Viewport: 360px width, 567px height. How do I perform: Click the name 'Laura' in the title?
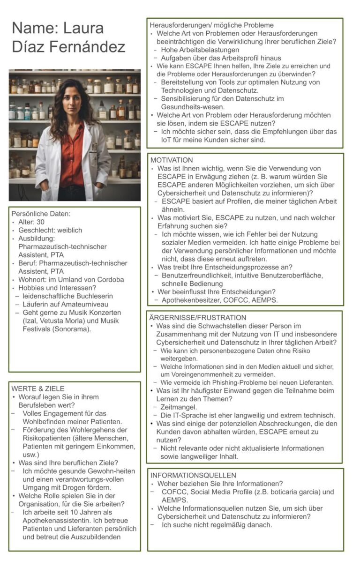(x=84, y=28)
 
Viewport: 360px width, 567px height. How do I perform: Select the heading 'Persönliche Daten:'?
(x=41, y=214)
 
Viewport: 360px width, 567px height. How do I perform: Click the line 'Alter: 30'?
(x=32, y=222)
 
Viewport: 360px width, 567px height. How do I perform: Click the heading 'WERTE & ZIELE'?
(x=38, y=388)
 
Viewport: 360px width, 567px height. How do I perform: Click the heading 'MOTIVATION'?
(x=172, y=160)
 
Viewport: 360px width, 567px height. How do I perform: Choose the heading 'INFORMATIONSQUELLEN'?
(x=193, y=475)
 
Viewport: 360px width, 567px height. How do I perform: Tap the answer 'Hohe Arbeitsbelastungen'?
(x=200, y=50)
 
